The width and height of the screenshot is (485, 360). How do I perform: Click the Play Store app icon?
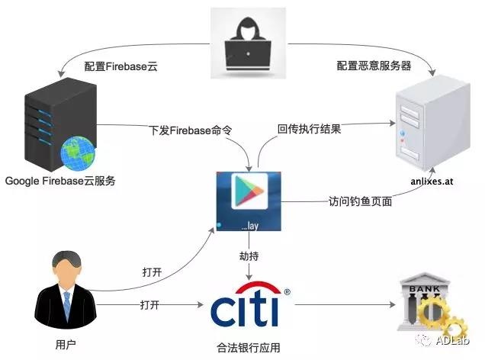(249, 201)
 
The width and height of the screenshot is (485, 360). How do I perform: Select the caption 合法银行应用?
(249, 348)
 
